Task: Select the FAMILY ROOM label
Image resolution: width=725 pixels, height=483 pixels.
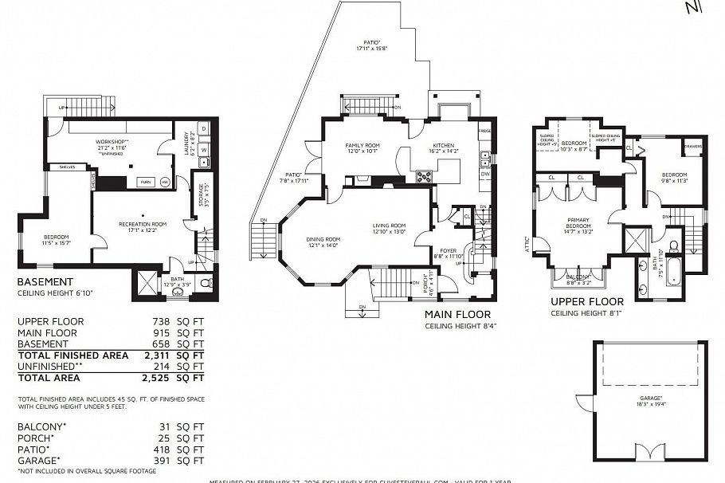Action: pos(360,146)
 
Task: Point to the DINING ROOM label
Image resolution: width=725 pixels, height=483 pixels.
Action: pos(323,239)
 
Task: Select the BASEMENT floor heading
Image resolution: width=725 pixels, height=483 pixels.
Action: pos(45,281)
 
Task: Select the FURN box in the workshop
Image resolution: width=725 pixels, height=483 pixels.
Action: pos(146,183)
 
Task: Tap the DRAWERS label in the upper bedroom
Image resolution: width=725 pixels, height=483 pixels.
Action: pos(692,147)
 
